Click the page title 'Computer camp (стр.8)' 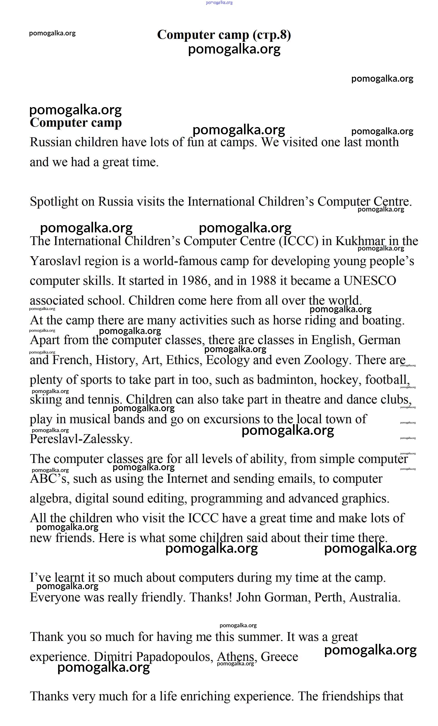tap(224, 34)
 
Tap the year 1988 tap(263, 281)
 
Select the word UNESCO tap(369, 281)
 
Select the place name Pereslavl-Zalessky tap(81, 439)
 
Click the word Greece tap(279, 657)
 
